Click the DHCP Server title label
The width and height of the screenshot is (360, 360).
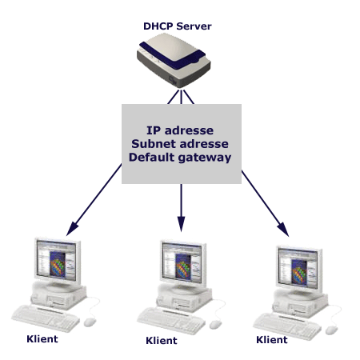(178, 26)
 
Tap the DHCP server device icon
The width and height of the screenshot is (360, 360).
(174, 60)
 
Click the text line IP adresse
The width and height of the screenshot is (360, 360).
(180, 130)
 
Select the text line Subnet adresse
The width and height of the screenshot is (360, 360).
(180, 144)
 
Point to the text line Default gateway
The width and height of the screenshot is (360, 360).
(180, 158)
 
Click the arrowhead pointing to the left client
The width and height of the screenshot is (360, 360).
(71, 229)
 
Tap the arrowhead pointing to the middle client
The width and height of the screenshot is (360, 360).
(181, 224)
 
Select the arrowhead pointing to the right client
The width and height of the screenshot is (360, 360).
(283, 229)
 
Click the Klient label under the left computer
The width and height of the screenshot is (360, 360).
(42, 339)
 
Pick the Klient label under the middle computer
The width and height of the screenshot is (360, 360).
(162, 341)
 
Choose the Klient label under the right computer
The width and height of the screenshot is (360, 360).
(272, 340)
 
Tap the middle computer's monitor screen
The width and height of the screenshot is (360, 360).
(182, 262)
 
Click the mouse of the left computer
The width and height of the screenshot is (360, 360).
(90, 322)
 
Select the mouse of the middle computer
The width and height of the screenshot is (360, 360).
(215, 325)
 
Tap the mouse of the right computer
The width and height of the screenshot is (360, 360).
(331, 330)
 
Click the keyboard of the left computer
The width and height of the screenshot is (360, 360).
(46, 318)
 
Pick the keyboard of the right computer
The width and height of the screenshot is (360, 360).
(287, 326)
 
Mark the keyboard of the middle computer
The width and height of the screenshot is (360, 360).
(171, 321)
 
